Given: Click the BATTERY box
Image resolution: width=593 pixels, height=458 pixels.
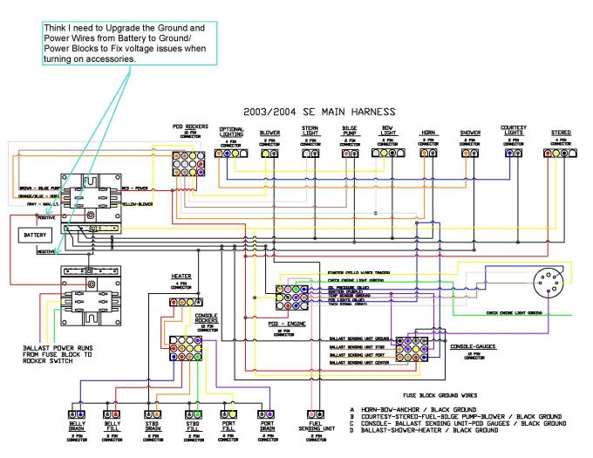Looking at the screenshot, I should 36,236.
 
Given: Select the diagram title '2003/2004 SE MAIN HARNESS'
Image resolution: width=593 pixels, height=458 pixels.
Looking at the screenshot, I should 319,112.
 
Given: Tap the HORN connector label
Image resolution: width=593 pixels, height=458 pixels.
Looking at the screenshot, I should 428,133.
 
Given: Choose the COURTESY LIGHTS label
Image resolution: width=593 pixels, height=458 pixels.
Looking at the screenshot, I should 514,131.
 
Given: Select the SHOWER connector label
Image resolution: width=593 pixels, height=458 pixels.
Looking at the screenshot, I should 470,133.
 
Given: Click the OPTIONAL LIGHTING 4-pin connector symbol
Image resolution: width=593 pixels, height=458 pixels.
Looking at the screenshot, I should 231,153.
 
